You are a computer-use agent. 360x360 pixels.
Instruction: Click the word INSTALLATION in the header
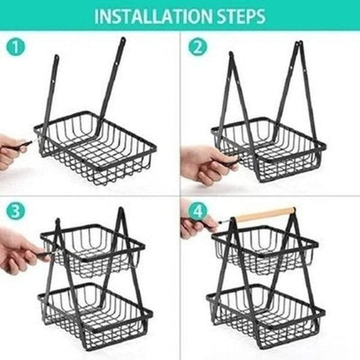click(146, 16)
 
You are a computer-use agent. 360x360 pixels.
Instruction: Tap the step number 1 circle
click(15, 47)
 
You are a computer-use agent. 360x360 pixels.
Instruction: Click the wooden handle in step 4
click(264, 214)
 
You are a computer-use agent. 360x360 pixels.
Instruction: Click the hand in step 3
click(18, 255)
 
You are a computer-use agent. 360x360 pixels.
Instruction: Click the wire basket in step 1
click(96, 150)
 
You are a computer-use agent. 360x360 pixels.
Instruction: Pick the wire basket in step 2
click(270, 150)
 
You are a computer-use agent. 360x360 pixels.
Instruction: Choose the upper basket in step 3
click(93, 249)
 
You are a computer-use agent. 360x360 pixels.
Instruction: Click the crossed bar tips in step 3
click(120, 213)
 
